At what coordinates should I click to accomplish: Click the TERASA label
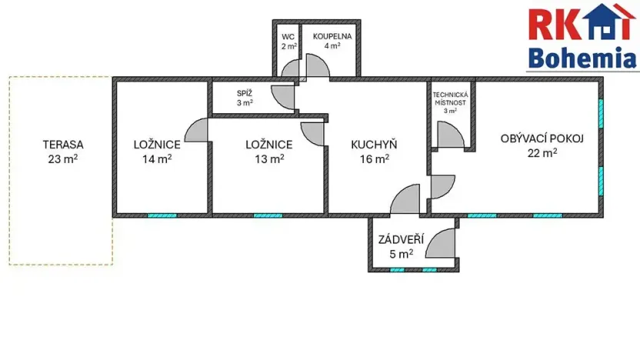(x=63, y=144)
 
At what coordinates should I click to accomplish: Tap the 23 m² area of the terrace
(x=63, y=159)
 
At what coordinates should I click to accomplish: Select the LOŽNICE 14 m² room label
(x=157, y=144)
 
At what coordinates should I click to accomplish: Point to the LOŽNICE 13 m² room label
(x=268, y=144)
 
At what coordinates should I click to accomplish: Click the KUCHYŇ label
(x=374, y=144)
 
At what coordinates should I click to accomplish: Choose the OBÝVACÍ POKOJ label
(x=542, y=138)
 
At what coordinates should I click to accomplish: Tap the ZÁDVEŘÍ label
(x=396, y=238)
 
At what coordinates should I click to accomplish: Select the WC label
(x=288, y=37)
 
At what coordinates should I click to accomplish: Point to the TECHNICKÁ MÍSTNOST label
(x=451, y=98)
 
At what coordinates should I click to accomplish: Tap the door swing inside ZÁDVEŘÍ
(x=441, y=244)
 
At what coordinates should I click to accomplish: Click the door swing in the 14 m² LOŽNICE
(x=196, y=131)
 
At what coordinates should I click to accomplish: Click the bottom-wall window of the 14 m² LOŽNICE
(x=162, y=215)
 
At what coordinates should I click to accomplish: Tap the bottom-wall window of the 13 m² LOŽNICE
(x=268, y=215)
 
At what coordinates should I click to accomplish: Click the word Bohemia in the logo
(x=583, y=58)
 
